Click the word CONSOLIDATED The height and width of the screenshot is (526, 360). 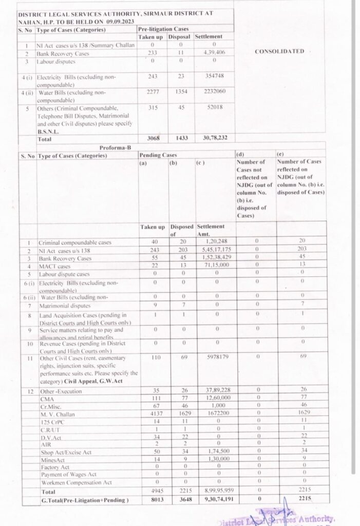click(279, 51)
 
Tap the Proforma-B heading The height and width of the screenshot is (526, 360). click(115, 147)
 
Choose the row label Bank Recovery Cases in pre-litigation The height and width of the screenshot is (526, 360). click(63, 53)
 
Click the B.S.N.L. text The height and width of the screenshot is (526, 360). click(48, 131)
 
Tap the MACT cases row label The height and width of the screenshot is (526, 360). click(54, 266)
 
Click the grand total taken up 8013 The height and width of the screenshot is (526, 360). click(153, 499)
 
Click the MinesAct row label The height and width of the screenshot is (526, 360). click(53, 459)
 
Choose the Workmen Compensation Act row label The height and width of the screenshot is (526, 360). click(76, 483)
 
